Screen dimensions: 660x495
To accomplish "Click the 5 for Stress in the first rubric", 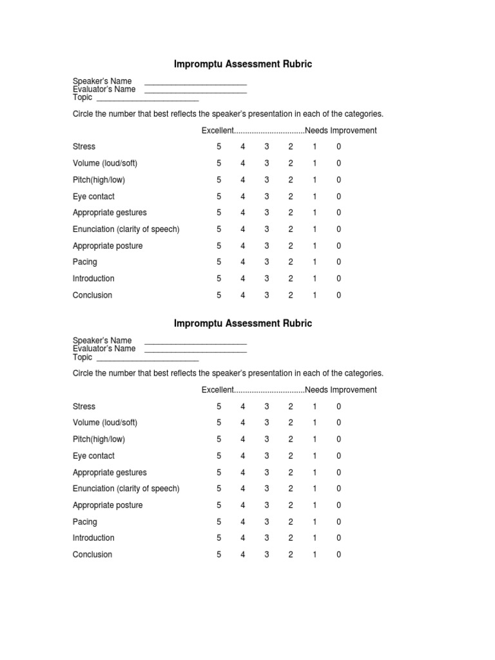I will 219,147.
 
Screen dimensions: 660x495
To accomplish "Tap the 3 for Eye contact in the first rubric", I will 267,197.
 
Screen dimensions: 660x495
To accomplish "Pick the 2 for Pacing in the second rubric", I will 291,521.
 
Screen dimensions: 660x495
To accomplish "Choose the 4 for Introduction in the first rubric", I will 243,278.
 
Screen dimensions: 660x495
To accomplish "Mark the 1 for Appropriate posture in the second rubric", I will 315,505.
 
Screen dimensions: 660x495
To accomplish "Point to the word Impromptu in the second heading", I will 197,324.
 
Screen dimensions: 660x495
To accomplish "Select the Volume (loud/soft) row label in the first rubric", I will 105,164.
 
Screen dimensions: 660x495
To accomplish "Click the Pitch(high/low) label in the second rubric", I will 99,440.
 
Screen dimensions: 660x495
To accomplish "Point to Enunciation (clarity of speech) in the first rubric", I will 126,229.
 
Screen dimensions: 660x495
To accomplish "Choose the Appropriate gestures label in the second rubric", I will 110,472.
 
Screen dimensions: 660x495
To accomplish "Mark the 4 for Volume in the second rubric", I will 243,423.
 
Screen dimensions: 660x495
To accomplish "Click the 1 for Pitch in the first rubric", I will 315,180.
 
